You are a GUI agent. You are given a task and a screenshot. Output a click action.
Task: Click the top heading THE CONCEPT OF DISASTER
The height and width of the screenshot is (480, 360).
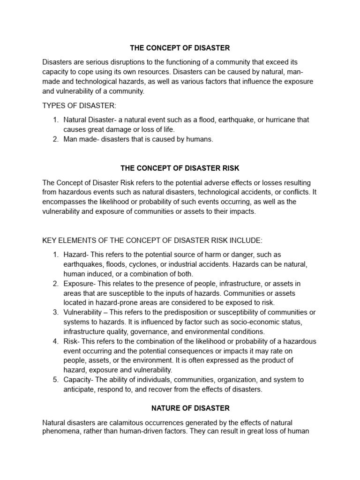pyautogui.click(x=180, y=48)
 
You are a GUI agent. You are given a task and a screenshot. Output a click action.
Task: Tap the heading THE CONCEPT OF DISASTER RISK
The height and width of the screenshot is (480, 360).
pyautogui.click(x=180, y=168)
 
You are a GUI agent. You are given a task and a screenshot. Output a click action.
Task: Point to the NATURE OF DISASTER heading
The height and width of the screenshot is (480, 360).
pyautogui.click(x=180, y=408)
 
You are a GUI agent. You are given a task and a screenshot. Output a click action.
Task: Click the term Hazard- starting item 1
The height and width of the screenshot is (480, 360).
pyautogui.click(x=76, y=255)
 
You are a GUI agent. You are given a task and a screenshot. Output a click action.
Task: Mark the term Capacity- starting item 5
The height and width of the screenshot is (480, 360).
pyautogui.click(x=79, y=380)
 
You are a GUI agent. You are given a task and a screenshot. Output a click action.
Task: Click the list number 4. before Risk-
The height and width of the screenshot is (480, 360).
pyautogui.click(x=55, y=341)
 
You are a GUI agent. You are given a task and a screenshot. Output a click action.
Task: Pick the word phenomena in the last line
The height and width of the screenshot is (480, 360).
pyautogui.click(x=61, y=431)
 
